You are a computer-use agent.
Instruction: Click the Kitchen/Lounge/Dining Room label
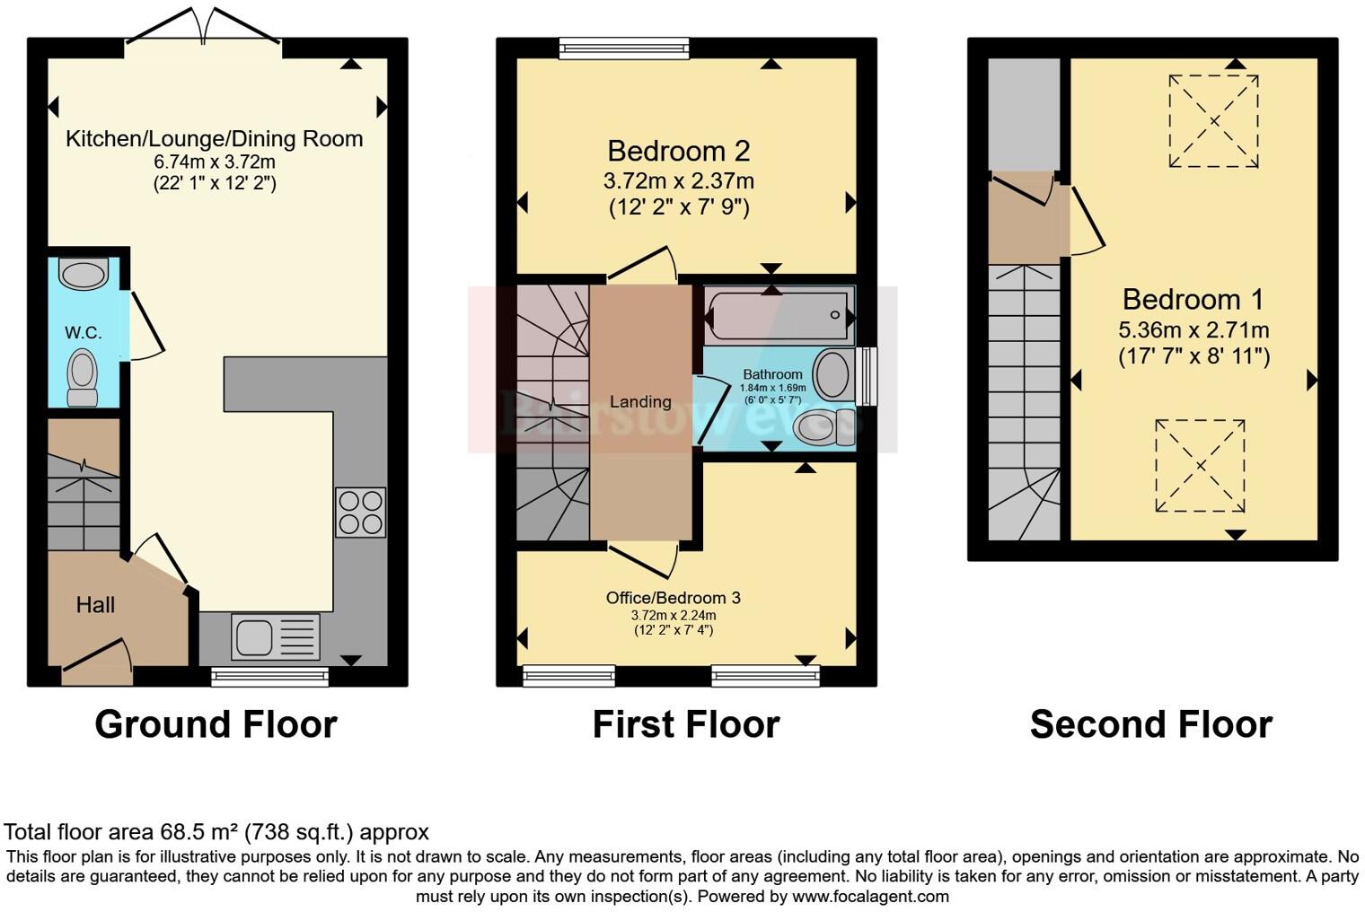214,139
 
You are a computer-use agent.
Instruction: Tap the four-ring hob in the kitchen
360,512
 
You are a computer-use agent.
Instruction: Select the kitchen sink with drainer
275,636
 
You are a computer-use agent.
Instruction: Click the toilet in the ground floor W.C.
83,378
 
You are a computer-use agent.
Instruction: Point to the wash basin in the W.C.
84,273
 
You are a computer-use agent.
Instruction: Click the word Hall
95,605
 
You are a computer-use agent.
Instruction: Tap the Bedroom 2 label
678,151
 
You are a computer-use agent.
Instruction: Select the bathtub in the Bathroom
777,315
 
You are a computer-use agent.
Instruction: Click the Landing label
640,402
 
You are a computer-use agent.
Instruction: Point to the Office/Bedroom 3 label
673,598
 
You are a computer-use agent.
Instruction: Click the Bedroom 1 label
1193,299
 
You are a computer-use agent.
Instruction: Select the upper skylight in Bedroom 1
1213,121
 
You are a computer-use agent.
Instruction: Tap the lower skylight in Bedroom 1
1200,466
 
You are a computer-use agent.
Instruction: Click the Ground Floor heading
216,724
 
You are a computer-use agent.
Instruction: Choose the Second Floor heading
1150,724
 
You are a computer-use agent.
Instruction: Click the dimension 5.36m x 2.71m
1193,329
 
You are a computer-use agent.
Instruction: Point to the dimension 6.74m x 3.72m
214,162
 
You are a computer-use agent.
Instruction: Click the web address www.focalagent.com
870,896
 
